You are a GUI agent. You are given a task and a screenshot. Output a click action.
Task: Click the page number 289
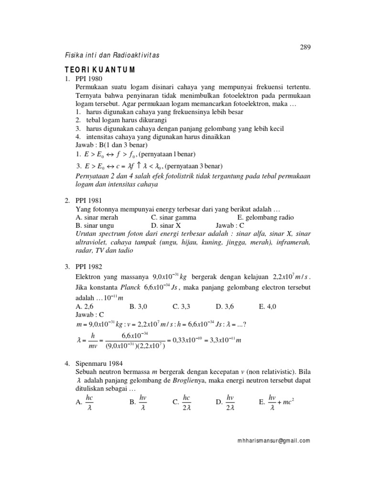305,47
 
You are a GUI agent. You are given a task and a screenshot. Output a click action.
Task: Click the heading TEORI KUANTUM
100,69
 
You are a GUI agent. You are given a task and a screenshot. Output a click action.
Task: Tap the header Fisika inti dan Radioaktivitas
112,56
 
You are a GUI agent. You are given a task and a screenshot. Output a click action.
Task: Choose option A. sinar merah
97,217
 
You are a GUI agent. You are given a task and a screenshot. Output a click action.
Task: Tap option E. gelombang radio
265,217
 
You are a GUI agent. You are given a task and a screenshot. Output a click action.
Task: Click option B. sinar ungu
95,225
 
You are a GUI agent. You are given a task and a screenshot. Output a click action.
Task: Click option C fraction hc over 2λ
183,402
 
